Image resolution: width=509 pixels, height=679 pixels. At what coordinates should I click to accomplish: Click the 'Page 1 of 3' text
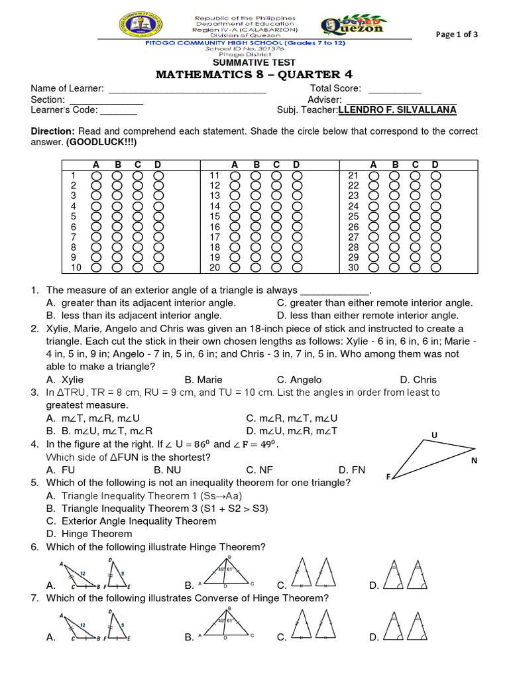tap(456, 35)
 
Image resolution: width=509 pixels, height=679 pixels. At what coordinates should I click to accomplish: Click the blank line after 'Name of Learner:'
tap(187, 89)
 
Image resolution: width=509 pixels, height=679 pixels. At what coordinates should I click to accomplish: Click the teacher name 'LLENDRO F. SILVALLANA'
tap(398, 110)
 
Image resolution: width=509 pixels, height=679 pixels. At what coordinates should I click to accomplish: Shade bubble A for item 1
tap(96, 175)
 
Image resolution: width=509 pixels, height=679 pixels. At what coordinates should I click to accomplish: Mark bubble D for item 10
tap(159, 268)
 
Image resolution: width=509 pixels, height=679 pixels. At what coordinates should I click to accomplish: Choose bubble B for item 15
tap(256, 217)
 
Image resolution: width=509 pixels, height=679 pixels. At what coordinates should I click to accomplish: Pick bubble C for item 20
tap(277, 268)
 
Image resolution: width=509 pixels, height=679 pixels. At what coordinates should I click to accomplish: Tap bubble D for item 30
tap(435, 268)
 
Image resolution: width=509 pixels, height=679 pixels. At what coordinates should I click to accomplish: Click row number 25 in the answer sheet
tap(353, 216)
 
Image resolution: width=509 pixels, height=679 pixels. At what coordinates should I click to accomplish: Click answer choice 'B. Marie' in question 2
tap(203, 380)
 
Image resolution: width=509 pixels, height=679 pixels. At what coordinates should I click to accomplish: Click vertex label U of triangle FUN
tap(434, 435)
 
